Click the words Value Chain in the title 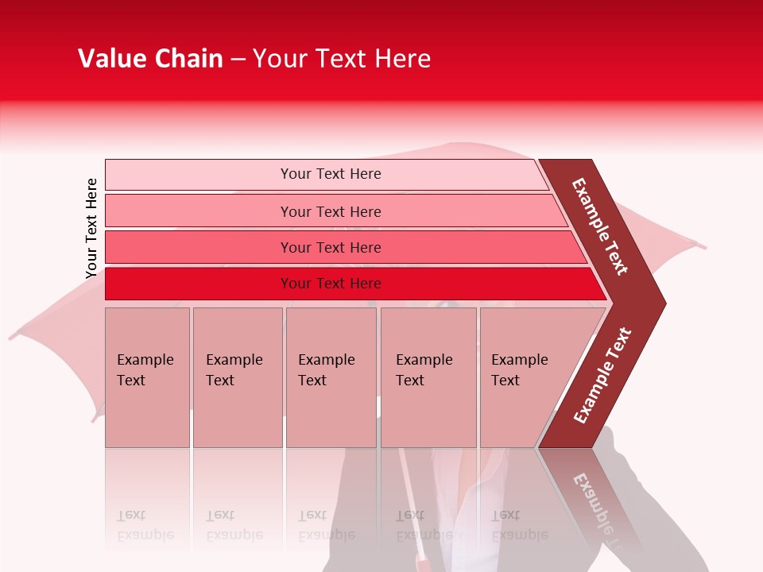150,59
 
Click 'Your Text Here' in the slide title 342,59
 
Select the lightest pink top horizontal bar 330,174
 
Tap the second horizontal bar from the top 330,211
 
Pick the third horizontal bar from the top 330,247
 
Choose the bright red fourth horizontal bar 330,284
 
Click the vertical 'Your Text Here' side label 91,228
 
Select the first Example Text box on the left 147,377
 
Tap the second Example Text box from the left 237,377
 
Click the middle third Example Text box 331,377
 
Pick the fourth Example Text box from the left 428,377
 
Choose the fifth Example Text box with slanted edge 525,377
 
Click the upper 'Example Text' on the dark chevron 600,226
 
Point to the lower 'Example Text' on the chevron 602,376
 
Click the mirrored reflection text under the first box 145,525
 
